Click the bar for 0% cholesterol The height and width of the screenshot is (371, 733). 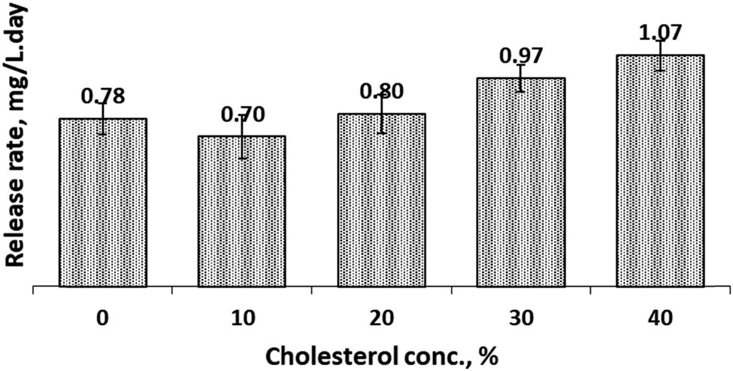tap(102, 203)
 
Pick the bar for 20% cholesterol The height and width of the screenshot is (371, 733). tap(381, 201)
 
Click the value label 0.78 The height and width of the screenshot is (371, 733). tap(102, 96)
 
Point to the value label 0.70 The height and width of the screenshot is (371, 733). tap(242, 114)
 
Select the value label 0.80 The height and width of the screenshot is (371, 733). tap(381, 91)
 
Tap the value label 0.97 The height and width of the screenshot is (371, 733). tap(521, 55)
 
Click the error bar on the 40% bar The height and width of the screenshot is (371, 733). tap(660, 55)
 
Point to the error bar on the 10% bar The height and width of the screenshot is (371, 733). tap(242, 138)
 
